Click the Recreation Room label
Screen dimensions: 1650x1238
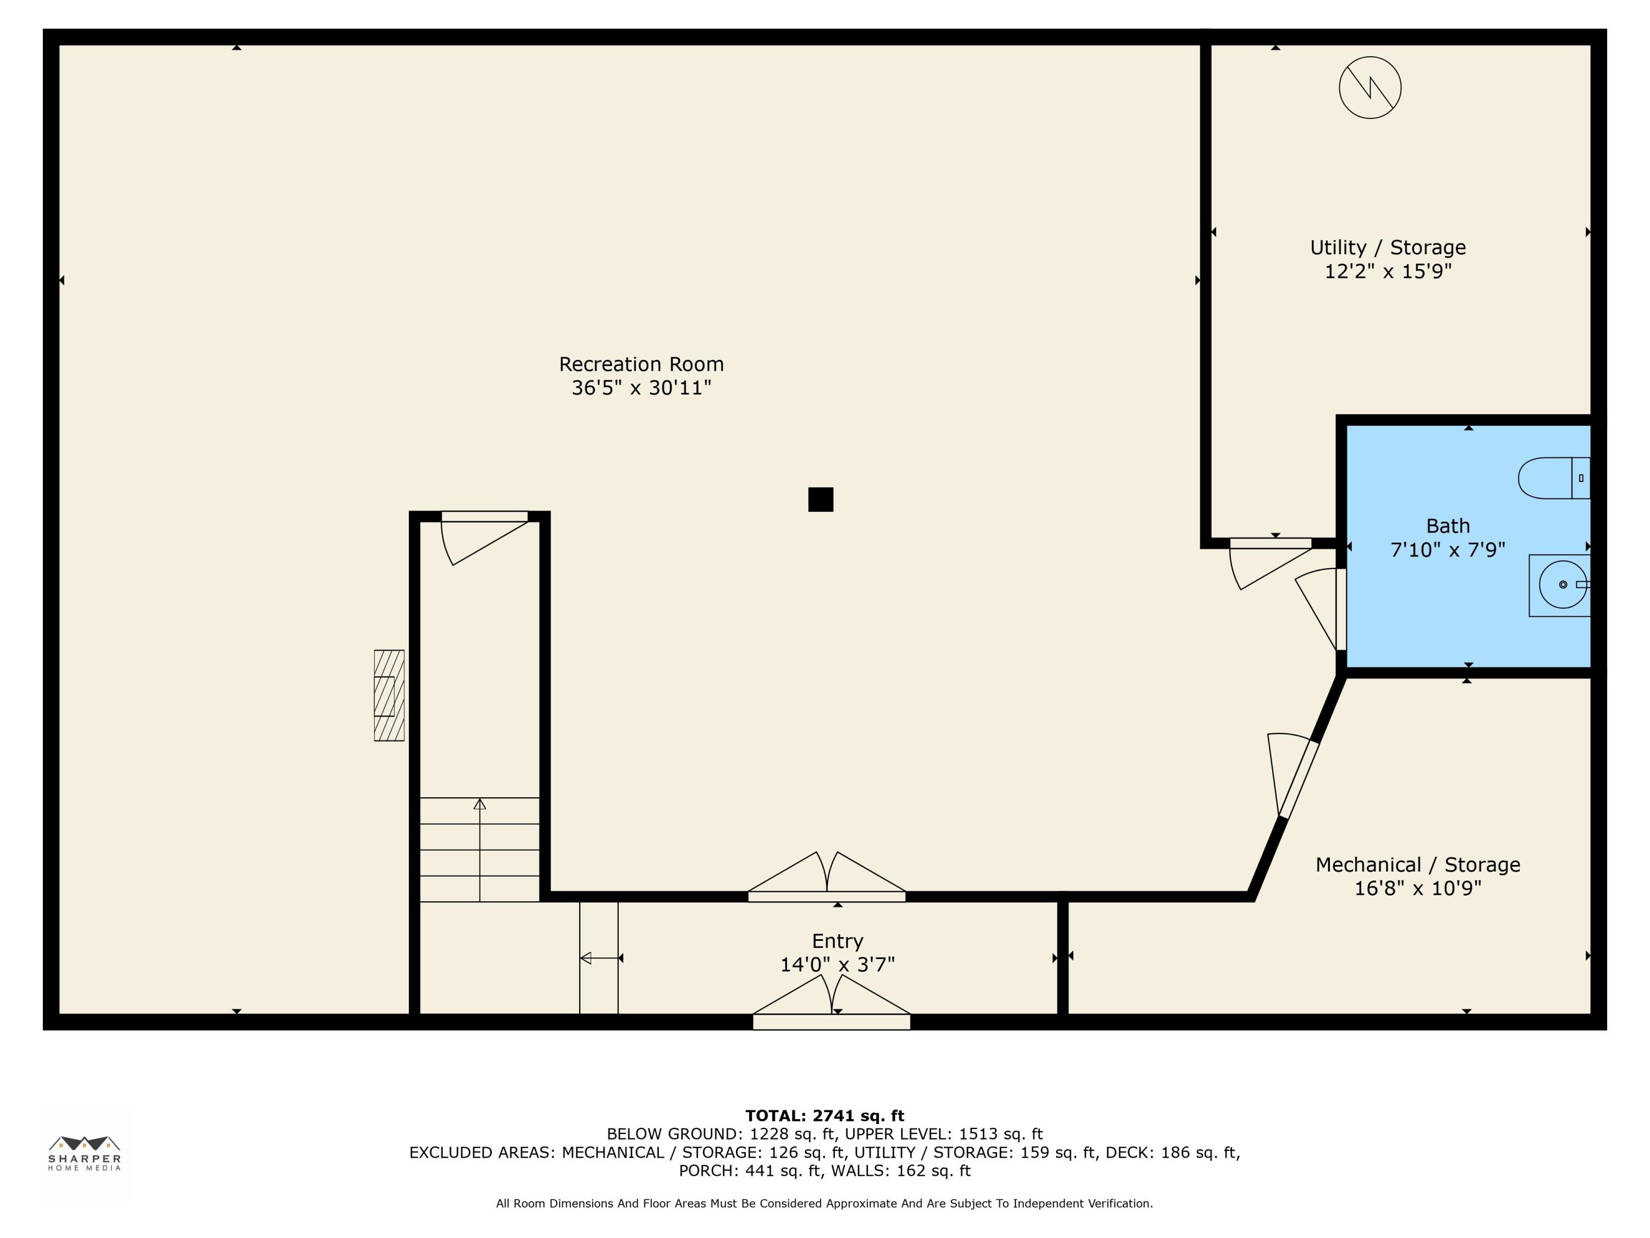pyautogui.click(x=641, y=364)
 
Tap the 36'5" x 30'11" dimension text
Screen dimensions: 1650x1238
pyautogui.click(x=641, y=388)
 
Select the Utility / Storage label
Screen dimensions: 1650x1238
pyautogui.click(x=1388, y=248)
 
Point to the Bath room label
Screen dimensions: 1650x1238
pyautogui.click(x=1448, y=526)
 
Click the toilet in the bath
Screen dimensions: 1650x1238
pyautogui.click(x=1554, y=478)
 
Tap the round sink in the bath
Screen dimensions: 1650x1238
pyautogui.click(x=1563, y=584)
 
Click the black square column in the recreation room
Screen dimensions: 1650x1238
pyautogui.click(x=821, y=499)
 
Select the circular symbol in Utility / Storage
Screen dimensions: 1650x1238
pyautogui.click(x=1370, y=88)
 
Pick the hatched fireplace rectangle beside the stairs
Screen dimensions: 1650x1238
pyautogui.click(x=389, y=695)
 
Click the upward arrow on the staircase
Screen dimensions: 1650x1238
pyautogui.click(x=480, y=849)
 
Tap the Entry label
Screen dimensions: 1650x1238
pyautogui.click(x=838, y=941)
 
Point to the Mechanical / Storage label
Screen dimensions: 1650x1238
pyautogui.click(x=1417, y=865)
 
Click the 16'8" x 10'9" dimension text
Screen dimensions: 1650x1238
pyautogui.click(x=1417, y=888)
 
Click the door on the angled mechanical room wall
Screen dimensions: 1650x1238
pyautogui.click(x=1292, y=776)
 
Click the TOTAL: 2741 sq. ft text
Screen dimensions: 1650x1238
pyautogui.click(x=824, y=1116)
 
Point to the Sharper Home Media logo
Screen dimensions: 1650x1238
pyautogui.click(x=84, y=1153)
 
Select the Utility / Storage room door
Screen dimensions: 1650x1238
pyautogui.click(x=1270, y=560)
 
